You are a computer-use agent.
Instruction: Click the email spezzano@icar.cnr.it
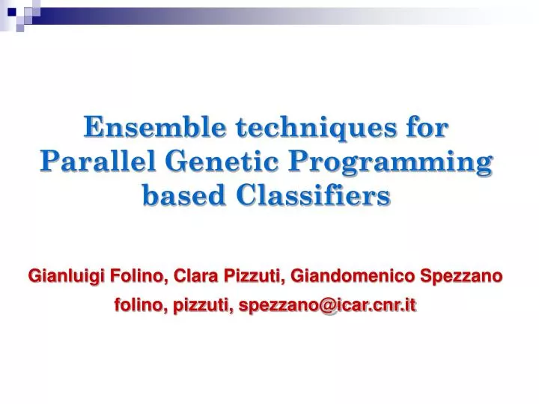pos(326,305)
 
